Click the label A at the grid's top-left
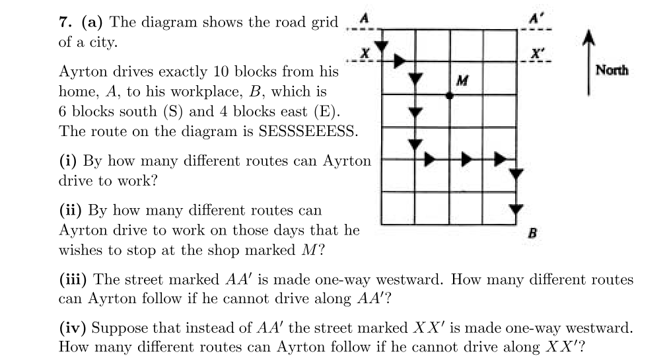pos(364,18)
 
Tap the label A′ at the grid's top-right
pos(536,18)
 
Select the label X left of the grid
pos(365,54)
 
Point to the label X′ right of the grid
pos(538,54)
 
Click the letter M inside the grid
pos(462,80)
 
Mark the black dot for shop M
pos(449,96)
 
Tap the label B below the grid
pos(532,233)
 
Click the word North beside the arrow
pos(612,70)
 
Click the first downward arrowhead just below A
pos(382,46)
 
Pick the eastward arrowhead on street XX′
pos(399,61)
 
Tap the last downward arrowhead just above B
pos(516,209)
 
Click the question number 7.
pos(65,22)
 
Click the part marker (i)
pos(68,161)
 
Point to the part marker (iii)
pos(73,279)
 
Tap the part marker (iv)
pos(73,328)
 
